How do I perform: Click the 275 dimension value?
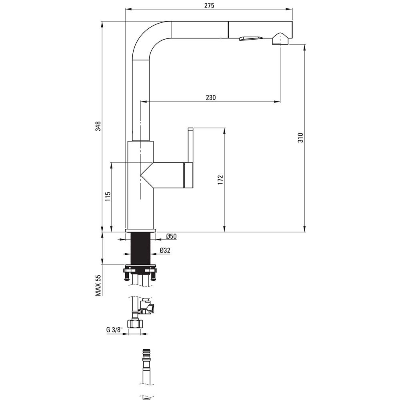click(x=209, y=5)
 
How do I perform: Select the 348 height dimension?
click(x=98, y=126)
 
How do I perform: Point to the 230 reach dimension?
click(x=211, y=98)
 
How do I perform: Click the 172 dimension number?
click(x=220, y=180)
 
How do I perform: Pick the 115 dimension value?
click(x=108, y=197)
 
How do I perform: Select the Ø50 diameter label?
click(x=172, y=236)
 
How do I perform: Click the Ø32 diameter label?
click(x=165, y=250)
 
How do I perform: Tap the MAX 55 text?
click(x=98, y=286)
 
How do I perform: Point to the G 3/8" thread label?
click(x=114, y=330)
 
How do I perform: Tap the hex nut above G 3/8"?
click(x=135, y=324)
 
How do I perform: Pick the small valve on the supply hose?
click(x=146, y=306)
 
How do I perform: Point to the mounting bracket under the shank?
click(x=140, y=272)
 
